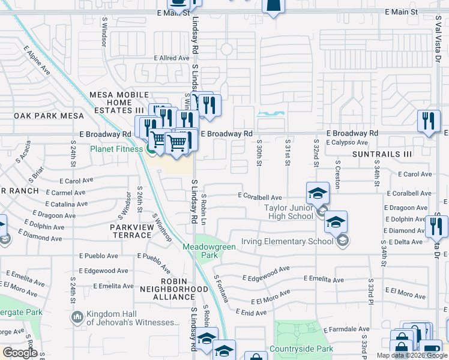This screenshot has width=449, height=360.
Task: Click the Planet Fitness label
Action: tap(116, 149)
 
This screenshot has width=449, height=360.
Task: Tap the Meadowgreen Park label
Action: tap(200, 251)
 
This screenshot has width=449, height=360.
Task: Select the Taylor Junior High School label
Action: tap(289, 212)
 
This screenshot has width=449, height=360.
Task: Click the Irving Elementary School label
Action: tap(287, 242)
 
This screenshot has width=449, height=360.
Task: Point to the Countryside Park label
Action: tap(301, 349)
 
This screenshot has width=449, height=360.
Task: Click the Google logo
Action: tap(20, 353)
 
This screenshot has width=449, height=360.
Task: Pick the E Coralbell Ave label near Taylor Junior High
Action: tap(260, 196)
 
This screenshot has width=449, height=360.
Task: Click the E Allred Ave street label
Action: tap(172, 58)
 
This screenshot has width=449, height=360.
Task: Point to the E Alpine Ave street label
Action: tap(37, 61)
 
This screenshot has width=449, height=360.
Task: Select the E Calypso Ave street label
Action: tap(347, 143)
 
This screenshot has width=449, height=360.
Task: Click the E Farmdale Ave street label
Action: tap(346, 329)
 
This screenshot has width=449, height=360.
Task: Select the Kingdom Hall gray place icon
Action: tap(77, 317)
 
